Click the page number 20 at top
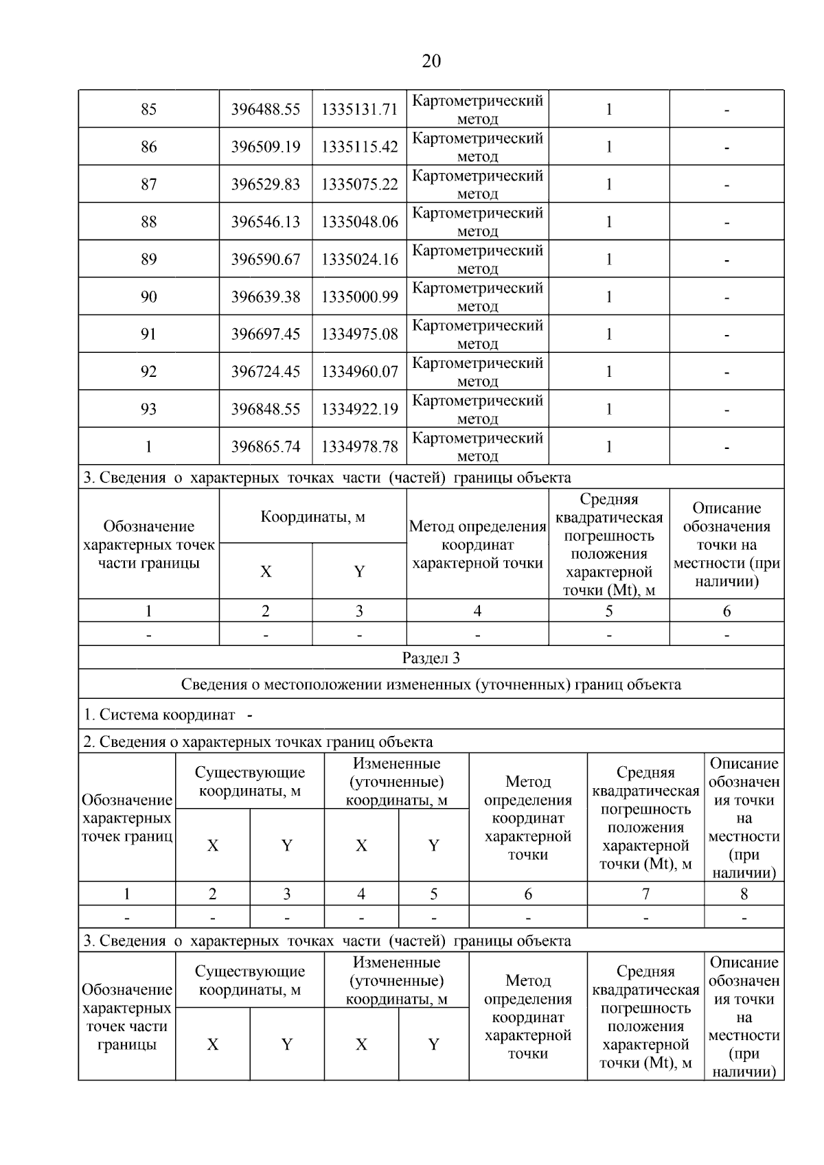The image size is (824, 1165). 431,62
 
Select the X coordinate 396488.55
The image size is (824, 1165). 266,109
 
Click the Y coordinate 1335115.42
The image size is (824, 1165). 359,147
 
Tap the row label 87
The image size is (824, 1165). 148,184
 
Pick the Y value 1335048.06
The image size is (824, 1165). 359,222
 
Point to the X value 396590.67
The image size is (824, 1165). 266,259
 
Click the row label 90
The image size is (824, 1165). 148,297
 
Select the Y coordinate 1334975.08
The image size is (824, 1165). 359,334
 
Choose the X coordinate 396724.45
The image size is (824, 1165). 266,371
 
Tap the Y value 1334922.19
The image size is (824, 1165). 359,409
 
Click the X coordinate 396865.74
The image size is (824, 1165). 266,447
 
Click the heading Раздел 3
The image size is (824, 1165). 431,658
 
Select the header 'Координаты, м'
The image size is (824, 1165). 312,516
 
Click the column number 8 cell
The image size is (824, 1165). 744,894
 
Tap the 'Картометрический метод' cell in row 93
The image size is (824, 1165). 477,409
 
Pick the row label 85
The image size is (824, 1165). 148,109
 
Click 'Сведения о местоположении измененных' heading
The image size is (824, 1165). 431,684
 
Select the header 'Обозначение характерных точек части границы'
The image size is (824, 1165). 148,544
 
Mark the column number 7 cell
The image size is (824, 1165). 645,894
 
